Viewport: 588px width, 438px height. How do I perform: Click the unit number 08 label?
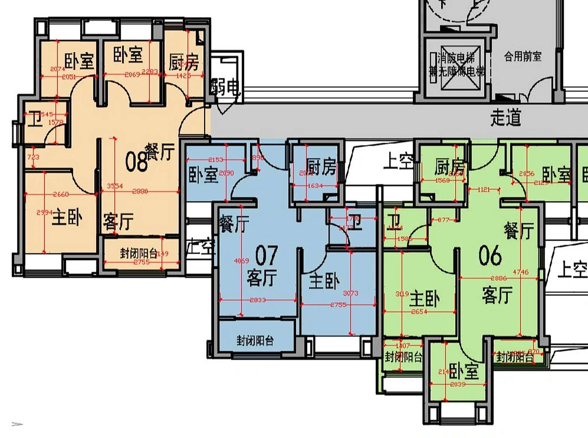click(136, 161)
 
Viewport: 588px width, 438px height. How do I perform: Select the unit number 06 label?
click(490, 255)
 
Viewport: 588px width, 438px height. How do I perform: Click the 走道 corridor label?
click(506, 118)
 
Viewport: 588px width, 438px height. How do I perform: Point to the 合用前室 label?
click(523, 56)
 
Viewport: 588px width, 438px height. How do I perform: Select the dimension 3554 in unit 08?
click(115, 186)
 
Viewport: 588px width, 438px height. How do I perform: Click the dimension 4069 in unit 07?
click(241, 261)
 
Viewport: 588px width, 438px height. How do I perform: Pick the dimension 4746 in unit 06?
click(521, 272)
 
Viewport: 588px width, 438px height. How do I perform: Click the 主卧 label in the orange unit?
click(67, 217)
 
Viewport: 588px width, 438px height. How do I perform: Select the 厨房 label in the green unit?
click(450, 167)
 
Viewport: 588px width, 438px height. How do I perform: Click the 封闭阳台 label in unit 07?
click(255, 340)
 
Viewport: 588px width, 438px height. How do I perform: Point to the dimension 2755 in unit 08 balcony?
click(141, 262)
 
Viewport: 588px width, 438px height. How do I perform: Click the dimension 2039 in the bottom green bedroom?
click(458, 384)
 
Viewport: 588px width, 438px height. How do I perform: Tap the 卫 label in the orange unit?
click(34, 119)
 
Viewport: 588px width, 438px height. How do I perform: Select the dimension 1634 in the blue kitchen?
click(315, 185)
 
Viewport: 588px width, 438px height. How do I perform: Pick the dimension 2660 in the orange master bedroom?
click(61, 194)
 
